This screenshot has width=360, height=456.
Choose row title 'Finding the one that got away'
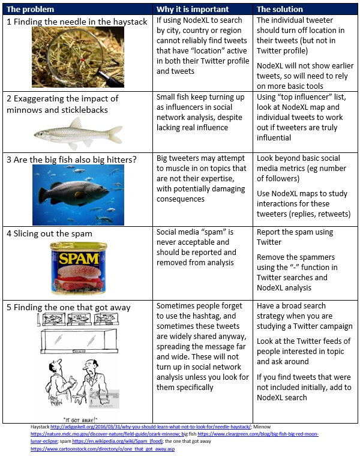tap(68, 308)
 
